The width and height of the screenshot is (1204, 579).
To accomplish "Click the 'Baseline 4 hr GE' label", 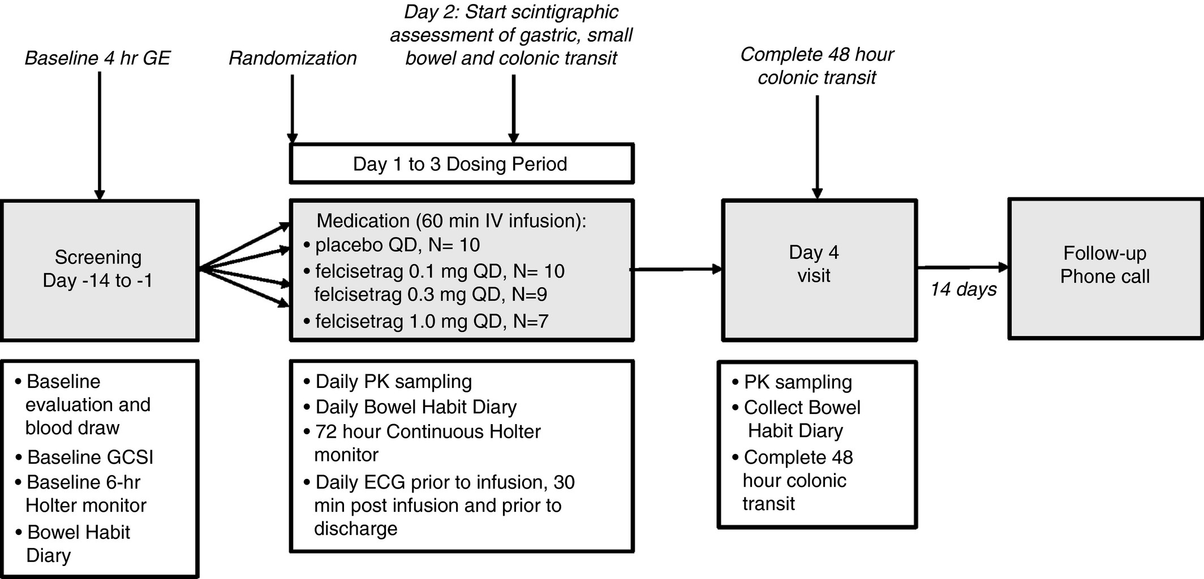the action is pos(97,58).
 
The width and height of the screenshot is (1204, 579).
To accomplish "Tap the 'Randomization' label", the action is pos(293,58).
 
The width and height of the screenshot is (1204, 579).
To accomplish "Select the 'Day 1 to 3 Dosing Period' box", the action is pos(462,163).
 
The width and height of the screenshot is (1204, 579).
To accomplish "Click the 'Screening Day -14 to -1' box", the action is pos(99,270).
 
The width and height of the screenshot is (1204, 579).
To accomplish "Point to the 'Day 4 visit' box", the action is pos(819,270).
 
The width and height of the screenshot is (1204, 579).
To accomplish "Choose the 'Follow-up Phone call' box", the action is pos(1106,269).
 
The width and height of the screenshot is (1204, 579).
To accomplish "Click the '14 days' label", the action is pos(964,289).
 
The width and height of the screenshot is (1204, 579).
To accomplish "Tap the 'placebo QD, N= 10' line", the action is pos(392,245).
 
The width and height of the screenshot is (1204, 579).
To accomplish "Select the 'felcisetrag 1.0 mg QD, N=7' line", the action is pos(425,321).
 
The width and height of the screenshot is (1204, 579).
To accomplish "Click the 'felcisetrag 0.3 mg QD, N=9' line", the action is pos(431,294).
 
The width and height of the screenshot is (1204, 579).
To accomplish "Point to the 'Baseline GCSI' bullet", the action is pos(84,457).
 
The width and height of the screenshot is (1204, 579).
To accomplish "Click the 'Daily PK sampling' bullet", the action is pos(388,382).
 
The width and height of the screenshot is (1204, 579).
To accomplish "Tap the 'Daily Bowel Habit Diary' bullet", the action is pos(410,407).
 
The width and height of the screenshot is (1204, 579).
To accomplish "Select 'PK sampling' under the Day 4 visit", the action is pos(792,382).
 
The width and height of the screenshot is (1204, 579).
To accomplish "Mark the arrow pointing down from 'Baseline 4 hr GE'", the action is pos(100,136).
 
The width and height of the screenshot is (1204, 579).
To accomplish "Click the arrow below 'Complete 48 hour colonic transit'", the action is pos(817,147).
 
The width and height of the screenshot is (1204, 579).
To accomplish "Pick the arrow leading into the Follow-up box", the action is pos(963,267).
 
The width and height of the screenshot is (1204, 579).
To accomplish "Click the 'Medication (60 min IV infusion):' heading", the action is pos(451,221).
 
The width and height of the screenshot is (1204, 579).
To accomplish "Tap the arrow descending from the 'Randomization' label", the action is pos(292,109).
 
